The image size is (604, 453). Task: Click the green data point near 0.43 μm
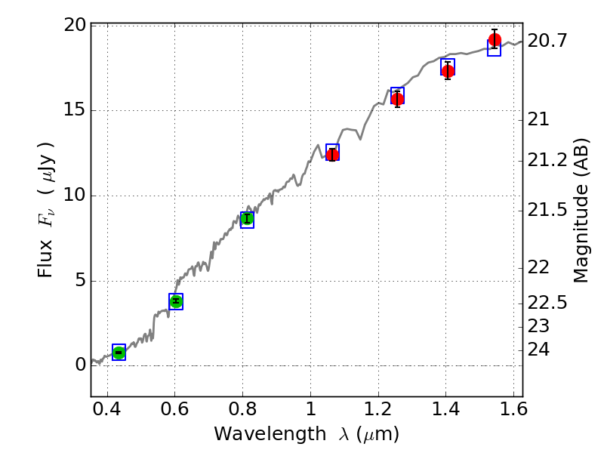pyautogui.click(x=119, y=353)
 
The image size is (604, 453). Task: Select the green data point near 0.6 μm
pyautogui.click(x=176, y=301)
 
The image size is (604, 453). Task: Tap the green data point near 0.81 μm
pyautogui.click(x=247, y=219)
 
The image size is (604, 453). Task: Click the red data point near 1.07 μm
pyautogui.click(x=332, y=155)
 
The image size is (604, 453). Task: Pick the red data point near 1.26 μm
pyautogui.click(x=397, y=99)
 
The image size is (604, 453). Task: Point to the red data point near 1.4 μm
pyautogui.click(x=448, y=71)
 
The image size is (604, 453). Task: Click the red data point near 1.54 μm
pyautogui.click(x=495, y=40)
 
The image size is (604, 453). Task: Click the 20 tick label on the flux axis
pyautogui.click(x=74, y=26)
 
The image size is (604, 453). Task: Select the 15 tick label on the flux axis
pyautogui.click(x=74, y=111)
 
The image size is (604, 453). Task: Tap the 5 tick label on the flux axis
pyautogui.click(x=79, y=282)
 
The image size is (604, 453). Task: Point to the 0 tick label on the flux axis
pyautogui.click(x=79, y=366)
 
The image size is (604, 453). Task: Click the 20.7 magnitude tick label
pyautogui.click(x=547, y=42)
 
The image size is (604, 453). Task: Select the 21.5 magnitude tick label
pyautogui.click(x=547, y=209)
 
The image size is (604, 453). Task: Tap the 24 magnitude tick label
pyautogui.click(x=538, y=349)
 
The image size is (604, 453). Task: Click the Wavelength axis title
pyautogui.click(x=306, y=434)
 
